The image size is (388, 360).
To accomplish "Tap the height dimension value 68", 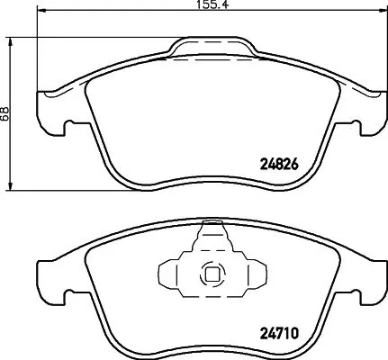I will [x=6, y=113].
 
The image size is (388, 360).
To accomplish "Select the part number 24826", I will [x=278, y=165].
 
